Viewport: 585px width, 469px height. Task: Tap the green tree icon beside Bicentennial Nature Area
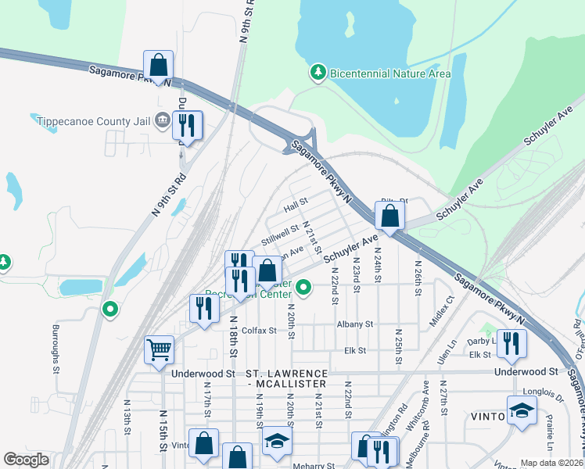pyautogui.click(x=318, y=73)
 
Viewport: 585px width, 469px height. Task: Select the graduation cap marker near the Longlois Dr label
pyautogui.click(x=522, y=410)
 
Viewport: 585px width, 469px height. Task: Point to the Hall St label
pyautogui.click(x=297, y=205)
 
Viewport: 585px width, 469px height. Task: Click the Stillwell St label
pyautogui.click(x=280, y=234)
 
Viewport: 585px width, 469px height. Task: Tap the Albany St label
pyautogui.click(x=355, y=324)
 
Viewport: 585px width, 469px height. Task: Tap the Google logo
pyautogui.click(x=26, y=460)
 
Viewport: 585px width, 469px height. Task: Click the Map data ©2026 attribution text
pyautogui.click(x=551, y=463)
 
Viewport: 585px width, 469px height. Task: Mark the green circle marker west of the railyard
pyautogui.click(x=110, y=310)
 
